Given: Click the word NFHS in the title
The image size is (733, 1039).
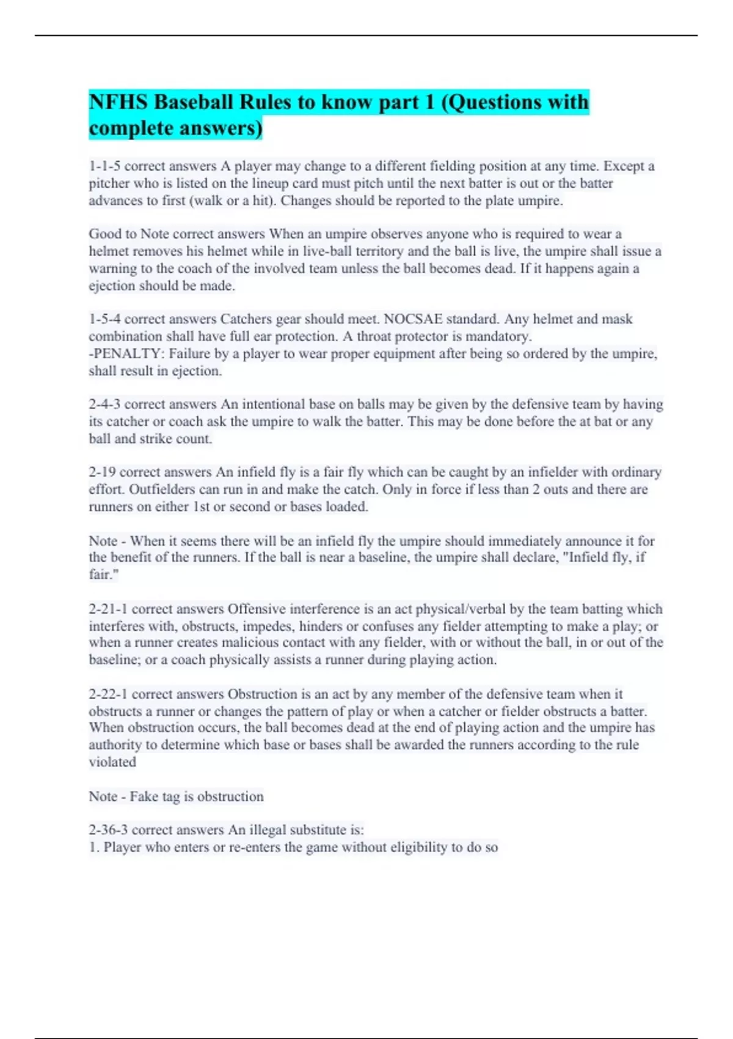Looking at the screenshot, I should pyautogui.click(x=118, y=102).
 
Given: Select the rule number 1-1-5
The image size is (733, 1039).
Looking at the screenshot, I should pyautogui.click(x=104, y=166).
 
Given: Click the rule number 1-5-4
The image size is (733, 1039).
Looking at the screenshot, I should pyautogui.click(x=104, y=319).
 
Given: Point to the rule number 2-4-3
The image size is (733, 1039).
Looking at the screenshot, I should pyautogui.click(x=104, y=404).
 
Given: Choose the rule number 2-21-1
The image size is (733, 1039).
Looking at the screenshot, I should pyautogui.click(x=108, y=609).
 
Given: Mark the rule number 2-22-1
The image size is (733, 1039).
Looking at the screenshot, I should pyautogui.click(x=108, y=694).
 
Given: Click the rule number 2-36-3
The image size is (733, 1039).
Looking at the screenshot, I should pyautogui.click(x=108, y=830).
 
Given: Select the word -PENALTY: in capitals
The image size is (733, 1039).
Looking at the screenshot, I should pyautogui.click(x=126, y=353).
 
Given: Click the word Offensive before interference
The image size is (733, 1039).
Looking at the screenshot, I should pyautogui.click(x=257, y=609).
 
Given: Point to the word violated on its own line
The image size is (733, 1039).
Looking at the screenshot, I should pyautogui.click(x=112, y=762).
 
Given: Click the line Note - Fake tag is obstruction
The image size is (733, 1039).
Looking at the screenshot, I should pyautogui.click(x=176, y=796).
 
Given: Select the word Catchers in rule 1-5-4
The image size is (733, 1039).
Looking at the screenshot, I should pyautogui.click(x=246, y=319).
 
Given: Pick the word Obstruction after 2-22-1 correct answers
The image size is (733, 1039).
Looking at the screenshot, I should pyautogui.click(x=262, y=694).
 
